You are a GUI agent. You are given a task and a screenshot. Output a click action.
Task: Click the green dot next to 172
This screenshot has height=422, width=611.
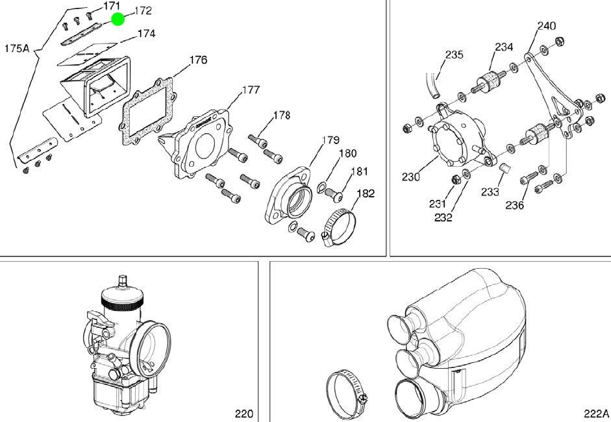(x=118, y=19)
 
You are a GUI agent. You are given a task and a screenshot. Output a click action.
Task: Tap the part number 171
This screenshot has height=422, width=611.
(x=112, y=6)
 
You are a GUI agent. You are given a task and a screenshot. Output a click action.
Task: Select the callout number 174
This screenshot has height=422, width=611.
(x=146, y=33)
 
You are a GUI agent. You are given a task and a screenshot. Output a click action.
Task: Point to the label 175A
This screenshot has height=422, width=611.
(x=18, y=48)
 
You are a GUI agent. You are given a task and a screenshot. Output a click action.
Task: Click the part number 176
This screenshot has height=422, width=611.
(x=198, y=60)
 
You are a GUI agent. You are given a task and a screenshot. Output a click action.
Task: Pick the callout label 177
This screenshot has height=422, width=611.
(x=251, y=90)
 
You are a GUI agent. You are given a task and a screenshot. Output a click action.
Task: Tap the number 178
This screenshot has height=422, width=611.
(x=281, y=116)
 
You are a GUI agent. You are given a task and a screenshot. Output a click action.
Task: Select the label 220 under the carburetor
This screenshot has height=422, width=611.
(x=243, y=414)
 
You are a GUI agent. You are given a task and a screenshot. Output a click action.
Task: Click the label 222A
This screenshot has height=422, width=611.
(x=596, y=414)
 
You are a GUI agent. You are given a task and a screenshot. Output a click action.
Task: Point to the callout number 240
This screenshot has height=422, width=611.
(x=546, y=26)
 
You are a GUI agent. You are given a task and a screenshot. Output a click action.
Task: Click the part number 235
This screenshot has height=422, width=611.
(x=455, y=55)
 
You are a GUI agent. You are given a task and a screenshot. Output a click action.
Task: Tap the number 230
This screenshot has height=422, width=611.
(x=411, y=176)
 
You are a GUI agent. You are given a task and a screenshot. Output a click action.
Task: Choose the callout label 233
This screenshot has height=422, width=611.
(x=490, y=192)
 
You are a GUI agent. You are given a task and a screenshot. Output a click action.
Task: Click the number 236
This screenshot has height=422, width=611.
(x=515, y=205)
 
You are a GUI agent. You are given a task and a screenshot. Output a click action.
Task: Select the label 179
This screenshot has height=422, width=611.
(x=331, y=140)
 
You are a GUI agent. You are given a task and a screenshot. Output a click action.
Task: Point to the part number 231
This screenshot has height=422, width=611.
(x=438, y=203)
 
